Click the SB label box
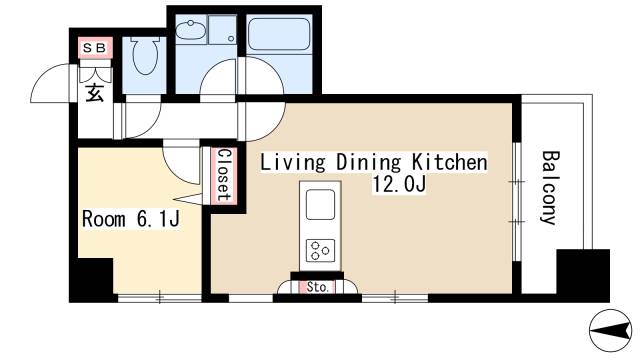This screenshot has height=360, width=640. tap(95, 48)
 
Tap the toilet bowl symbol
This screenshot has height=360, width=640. tap(145, 56)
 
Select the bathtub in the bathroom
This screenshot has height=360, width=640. tap(278, 33)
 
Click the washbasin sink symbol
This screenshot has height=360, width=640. tap(190, 31)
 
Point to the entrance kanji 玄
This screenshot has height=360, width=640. tap(94, 92)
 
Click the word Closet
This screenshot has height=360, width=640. tap(224, 175)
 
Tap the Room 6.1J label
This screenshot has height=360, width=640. tap(131, 219)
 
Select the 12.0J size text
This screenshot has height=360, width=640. tap(399, 184)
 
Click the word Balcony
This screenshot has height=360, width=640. tap(549, 187)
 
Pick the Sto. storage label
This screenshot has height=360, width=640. tap(318, 287)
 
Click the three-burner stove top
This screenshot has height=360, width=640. tap(320, 251)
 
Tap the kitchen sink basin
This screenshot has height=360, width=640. tap(320, 204)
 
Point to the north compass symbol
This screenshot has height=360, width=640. tap(610, 330)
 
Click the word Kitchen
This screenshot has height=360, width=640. tap(449, 162)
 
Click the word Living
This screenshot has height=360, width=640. tap(293, 163)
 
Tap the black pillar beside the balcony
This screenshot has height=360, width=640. tap(583, 276)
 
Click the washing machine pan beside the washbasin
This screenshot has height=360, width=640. tap(222, 29)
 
